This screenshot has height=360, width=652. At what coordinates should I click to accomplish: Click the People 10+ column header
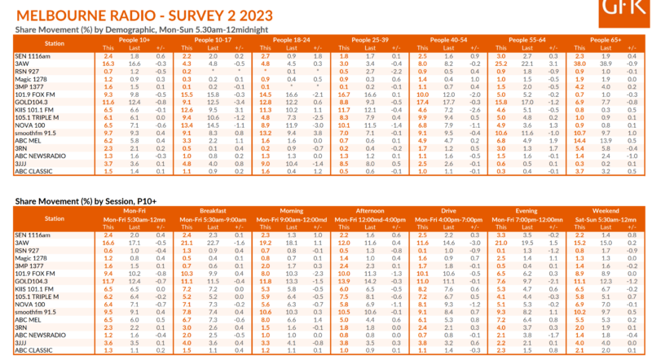point(133,38)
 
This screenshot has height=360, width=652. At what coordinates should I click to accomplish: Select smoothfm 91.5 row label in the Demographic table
point(35,131)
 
